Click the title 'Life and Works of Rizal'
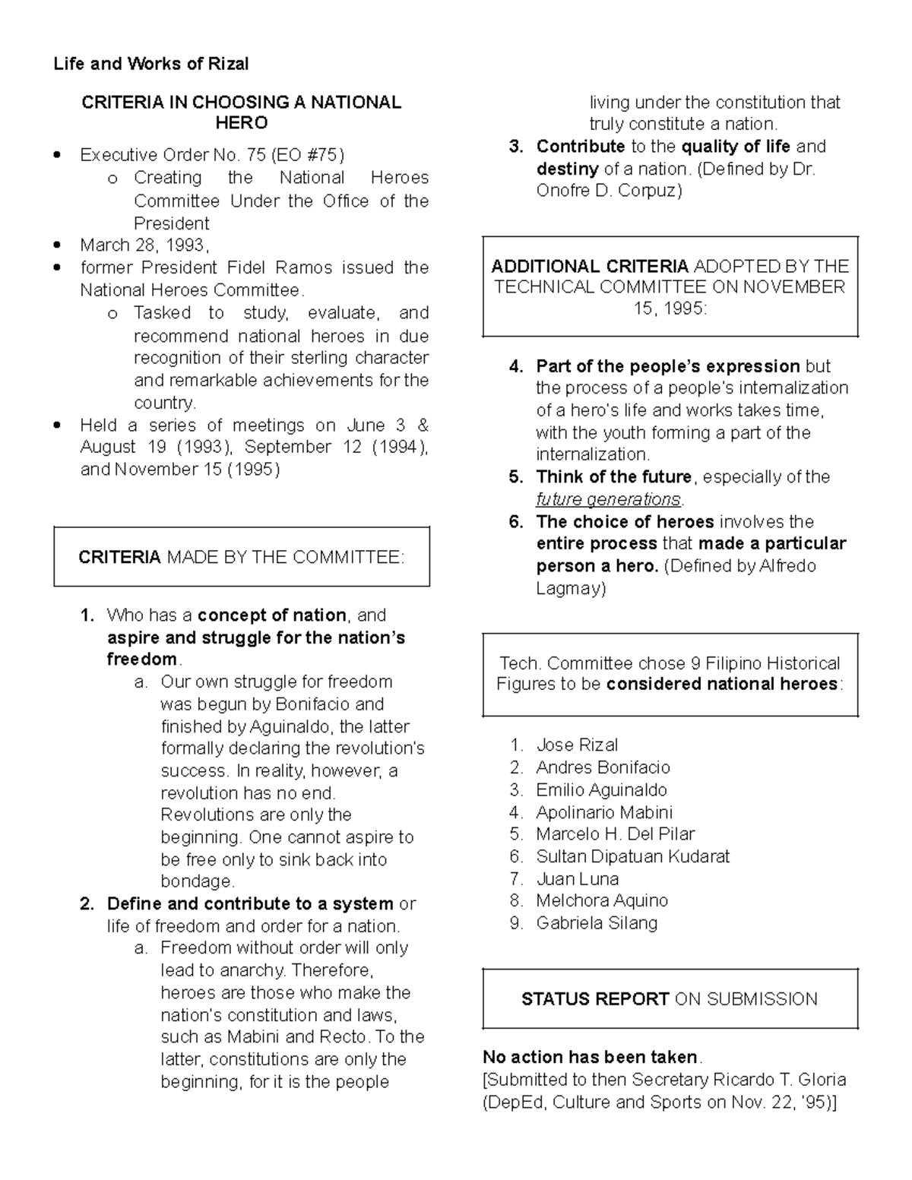click(150, 64)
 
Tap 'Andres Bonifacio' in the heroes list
click(603, 767)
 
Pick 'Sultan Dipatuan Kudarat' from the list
click(632, 856)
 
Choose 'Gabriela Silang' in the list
click(597, 923)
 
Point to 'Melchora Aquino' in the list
click(601, 900)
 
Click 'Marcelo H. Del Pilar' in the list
click(615, 834)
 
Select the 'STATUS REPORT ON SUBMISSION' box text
click(669, 999)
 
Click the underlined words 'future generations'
click(608, 499)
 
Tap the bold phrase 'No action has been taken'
click(590, 1057)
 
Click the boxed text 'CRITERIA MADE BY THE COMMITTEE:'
click(241, 558)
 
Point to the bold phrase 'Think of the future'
click(613, 477)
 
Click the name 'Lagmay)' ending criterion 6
click(571, 588)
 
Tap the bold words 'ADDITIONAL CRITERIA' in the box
click(590, 266)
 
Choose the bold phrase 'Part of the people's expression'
click(667, 366)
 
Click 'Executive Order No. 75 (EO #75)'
click(212, 155)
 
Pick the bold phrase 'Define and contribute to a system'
click(250, 903)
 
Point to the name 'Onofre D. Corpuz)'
click(609, 191)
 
